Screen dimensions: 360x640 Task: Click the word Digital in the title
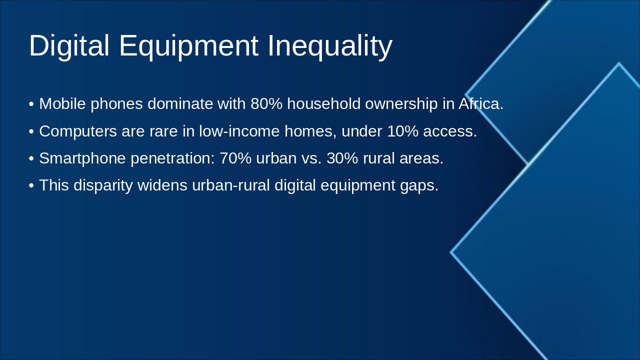[x=69, y=46]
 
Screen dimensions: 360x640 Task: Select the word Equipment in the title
[x=188, y=46]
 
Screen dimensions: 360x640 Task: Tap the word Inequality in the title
[x=330, y=46]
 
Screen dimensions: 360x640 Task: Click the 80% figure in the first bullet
[x=266, y=104]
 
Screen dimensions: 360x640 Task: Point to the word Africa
[x=480, y=104]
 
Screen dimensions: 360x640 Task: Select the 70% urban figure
[x=235, y=158]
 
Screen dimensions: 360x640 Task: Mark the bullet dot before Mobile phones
[x=31, y=104]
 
